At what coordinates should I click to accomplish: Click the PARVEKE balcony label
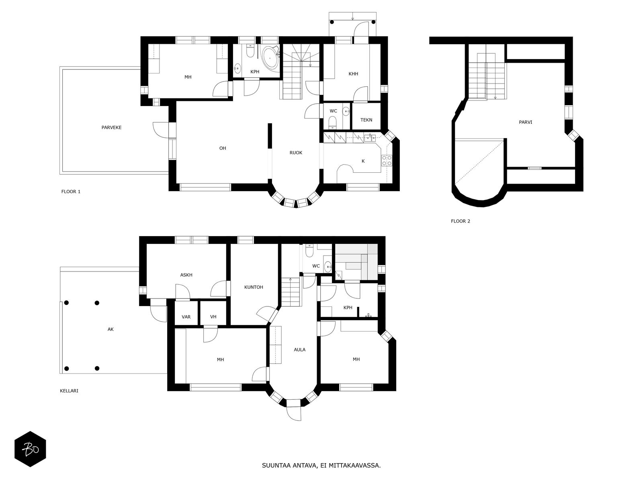pos(111,127)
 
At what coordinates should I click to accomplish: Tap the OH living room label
pos(223,148)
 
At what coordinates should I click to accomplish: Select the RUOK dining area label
pos(296,153)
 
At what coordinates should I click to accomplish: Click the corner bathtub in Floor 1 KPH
pos(270,57)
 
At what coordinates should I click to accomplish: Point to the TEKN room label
pos(366,120)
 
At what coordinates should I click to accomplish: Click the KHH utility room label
pos(353,74)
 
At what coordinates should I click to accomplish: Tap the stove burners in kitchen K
pos(387,161)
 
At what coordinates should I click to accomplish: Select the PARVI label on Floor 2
pos(525,122)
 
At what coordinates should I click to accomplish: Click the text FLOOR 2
pos(460,221)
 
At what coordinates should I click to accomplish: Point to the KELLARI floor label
pos(69,390)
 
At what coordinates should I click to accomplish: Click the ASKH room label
pos(186,275)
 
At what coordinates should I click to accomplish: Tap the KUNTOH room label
pos(254,287)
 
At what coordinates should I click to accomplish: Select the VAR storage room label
pos(186,317)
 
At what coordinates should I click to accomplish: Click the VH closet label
pos(213,317)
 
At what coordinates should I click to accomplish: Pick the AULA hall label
pos(299,349)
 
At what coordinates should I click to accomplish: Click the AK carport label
pos(111,329)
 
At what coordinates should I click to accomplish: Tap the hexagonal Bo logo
pos(30,449)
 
